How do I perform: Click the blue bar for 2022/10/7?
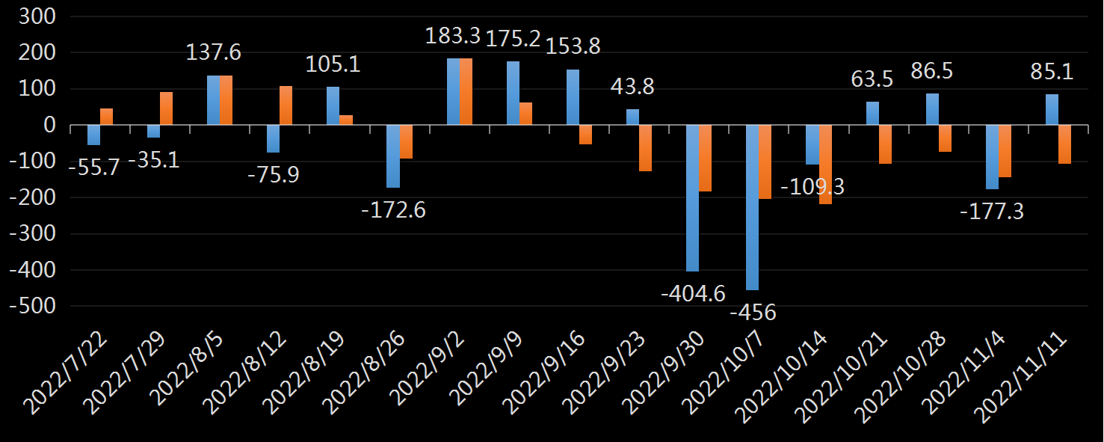(753, 207)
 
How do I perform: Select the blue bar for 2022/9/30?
(693, 198)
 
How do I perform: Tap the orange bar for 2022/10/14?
(825, 165)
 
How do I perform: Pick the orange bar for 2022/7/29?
(166, 108)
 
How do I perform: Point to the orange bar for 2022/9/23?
(645, 148)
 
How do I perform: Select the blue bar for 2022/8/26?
(393, 156)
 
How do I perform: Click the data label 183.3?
(454, 36)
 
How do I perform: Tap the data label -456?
(753, 311)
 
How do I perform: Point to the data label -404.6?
(693, 293)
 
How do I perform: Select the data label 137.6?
(215, 52)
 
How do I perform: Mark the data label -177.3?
(992, 212)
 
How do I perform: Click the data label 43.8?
(632, 87)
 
